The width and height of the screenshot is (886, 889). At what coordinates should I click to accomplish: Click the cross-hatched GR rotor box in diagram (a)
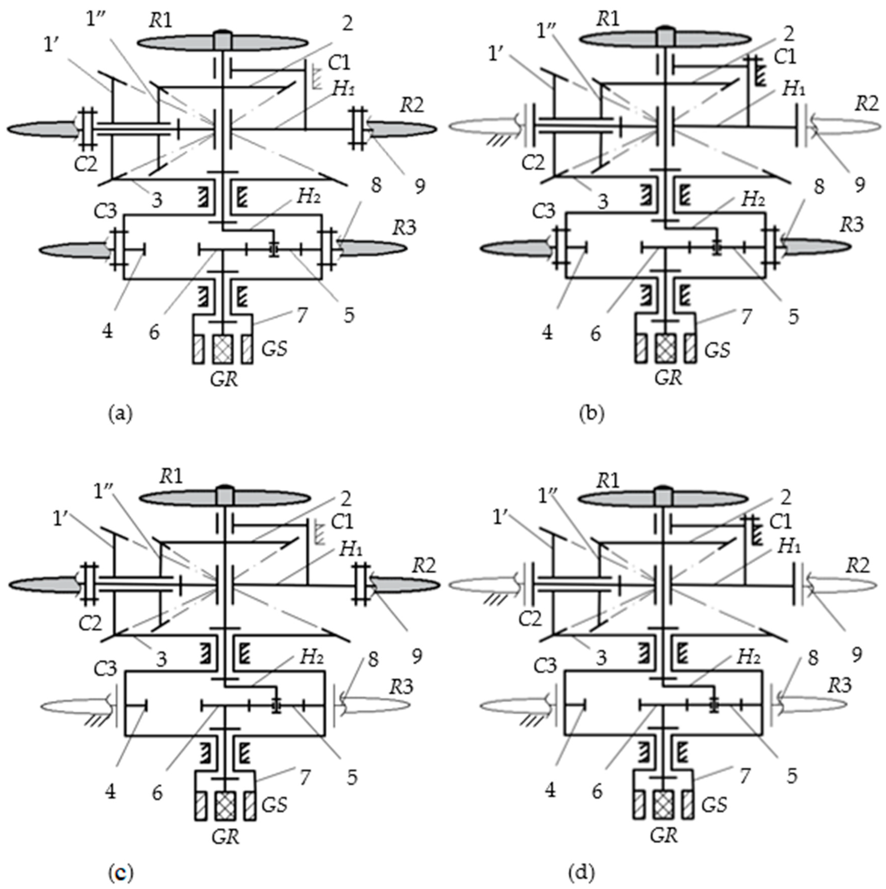(223, 349)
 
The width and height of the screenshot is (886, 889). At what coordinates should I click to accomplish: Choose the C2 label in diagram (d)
(530, 619)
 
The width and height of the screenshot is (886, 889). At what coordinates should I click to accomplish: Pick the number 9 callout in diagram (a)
(419, 186)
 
